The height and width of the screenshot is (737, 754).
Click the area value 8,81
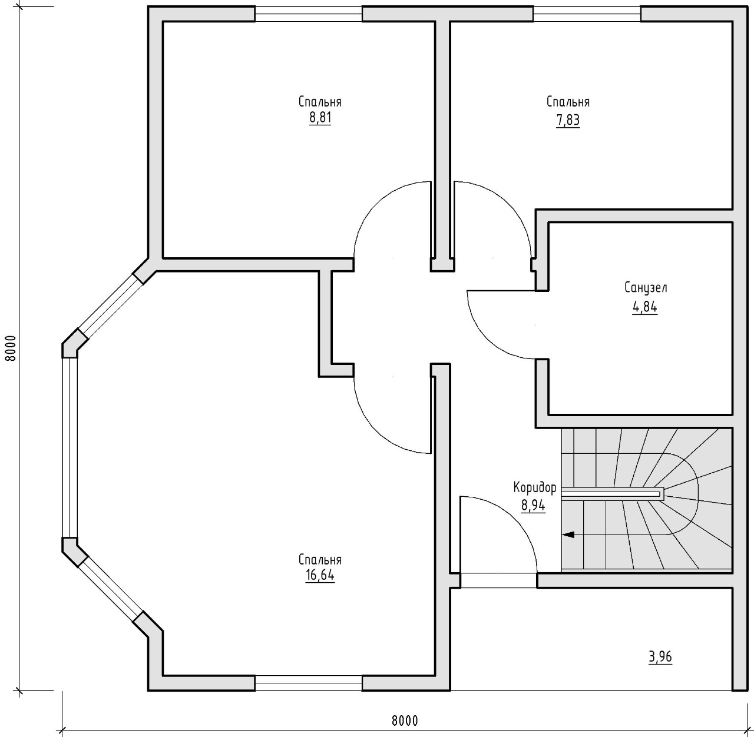(320, 118)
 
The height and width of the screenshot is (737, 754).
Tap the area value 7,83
(568, 121)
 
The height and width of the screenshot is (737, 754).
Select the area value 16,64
(320, 576)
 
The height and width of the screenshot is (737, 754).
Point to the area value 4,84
(645, 307)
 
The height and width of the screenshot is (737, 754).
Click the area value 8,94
(533, 506)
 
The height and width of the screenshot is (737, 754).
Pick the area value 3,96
(660, 657)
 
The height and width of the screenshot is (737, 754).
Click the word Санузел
(646, 288)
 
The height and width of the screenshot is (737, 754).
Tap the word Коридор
(535, 487)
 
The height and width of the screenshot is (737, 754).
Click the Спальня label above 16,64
(320, 559)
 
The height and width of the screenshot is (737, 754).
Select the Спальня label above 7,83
(568, 101)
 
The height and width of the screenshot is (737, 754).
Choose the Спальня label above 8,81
(320, 101)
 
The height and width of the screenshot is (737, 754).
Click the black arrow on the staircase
(568, 535)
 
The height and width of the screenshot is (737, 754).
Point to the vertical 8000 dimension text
(12, 348)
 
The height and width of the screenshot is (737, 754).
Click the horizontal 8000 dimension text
(405, 721)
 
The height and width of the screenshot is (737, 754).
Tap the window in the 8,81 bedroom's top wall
(309, 14)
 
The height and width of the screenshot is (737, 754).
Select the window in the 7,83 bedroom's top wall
(587, 14)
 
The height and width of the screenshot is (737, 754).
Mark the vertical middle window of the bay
(70, 447)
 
